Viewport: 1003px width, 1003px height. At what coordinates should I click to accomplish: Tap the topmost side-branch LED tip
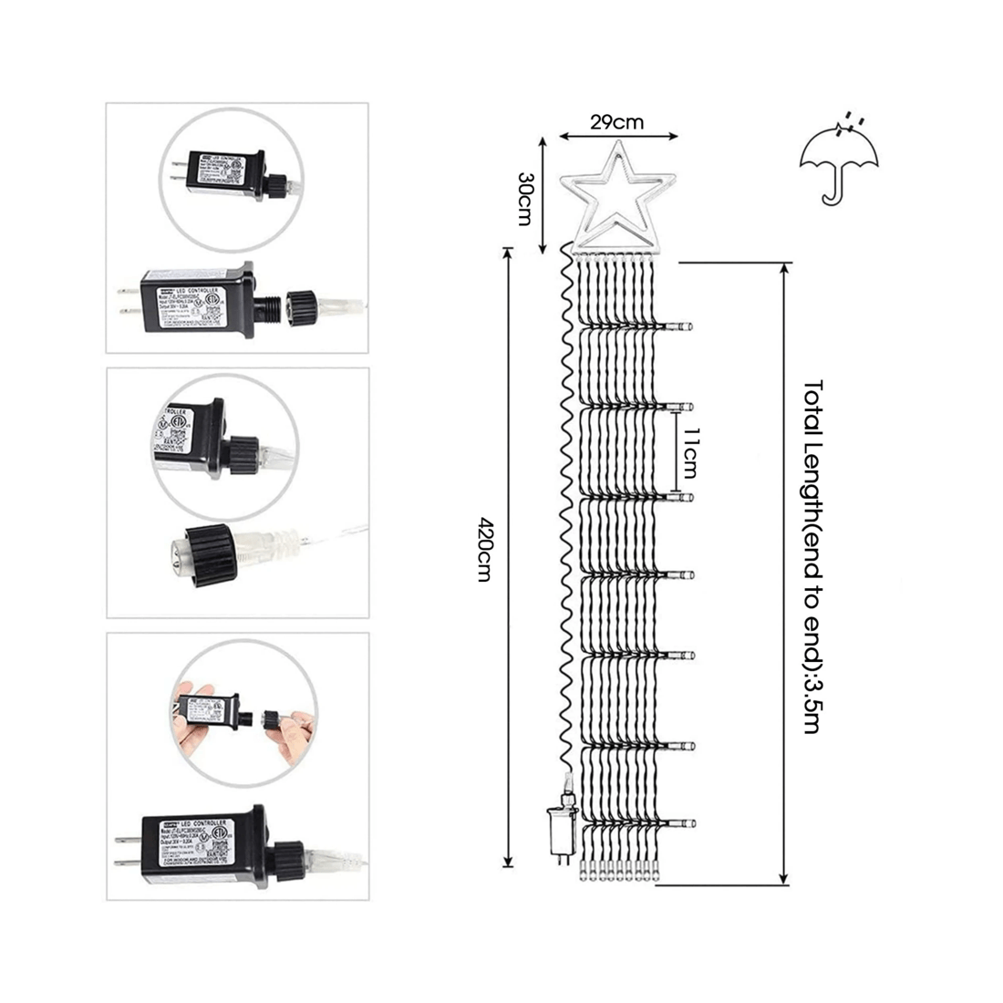pos(686,325)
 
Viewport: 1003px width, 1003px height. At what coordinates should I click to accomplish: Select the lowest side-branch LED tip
pos(686,818)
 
